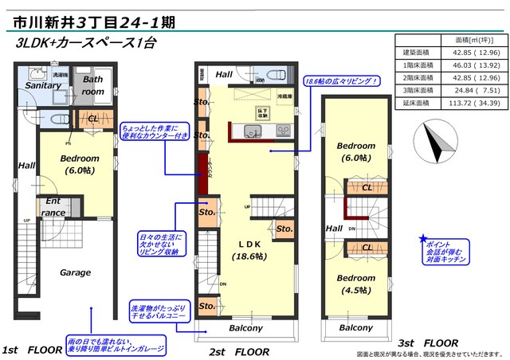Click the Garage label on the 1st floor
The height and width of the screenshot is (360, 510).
pos(76,272)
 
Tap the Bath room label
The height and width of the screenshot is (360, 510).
pos(93,85)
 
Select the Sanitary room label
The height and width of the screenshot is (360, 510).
pos(43,85)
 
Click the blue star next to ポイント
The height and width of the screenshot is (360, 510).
pos(422,239)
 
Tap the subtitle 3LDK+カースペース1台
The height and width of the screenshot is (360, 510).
pos(84,44)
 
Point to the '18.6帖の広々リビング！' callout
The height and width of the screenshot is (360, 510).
pos(340,80)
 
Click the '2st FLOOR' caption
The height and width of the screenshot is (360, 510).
pos(239,350)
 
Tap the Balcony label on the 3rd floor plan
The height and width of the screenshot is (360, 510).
pos(355,327)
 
